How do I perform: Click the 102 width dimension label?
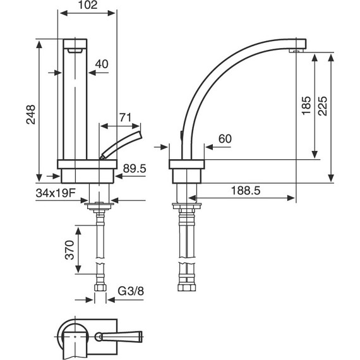point(88,5)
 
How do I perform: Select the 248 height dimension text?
point(31,114)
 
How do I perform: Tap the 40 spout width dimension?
point(102,64)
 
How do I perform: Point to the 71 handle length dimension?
point(125,117)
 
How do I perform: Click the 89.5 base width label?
point(135,169)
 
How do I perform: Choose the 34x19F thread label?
point(56,193)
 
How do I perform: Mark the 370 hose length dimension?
point(69,250)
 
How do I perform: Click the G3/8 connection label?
point(131,291)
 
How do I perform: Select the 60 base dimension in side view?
point(225,139)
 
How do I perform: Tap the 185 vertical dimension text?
point(306,106)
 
